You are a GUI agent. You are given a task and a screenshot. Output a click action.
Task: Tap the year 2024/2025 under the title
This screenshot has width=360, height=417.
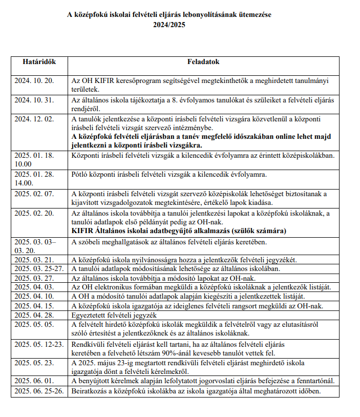coord(170,25)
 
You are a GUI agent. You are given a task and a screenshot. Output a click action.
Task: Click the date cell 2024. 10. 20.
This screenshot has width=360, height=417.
coord(34,81)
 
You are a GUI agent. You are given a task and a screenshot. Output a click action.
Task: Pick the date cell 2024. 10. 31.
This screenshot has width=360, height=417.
coord(34,100)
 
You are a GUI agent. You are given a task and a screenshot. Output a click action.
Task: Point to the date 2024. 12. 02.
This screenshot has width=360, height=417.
coord(34,119)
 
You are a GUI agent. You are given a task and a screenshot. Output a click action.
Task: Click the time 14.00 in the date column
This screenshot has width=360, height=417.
coord(23,182)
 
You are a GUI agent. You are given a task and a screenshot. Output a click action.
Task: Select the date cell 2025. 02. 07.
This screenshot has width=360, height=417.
coord(34,194)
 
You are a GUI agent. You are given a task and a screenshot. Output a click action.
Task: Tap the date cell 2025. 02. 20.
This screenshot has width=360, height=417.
coord(34,213)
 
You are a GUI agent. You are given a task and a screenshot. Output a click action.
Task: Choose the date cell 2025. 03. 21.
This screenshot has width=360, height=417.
coord(34,260)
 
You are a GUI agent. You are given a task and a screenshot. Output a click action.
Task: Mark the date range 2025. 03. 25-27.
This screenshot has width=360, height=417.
coord(38,269)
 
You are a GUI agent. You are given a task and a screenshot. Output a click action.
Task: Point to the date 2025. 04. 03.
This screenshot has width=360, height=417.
coord(34,287)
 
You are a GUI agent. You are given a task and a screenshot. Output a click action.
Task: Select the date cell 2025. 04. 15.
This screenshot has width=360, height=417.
coord(34,305)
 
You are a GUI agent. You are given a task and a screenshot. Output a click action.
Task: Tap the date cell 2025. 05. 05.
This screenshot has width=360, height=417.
coord(34,324)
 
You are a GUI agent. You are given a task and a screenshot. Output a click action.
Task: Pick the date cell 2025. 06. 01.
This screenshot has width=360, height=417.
coord(34,381)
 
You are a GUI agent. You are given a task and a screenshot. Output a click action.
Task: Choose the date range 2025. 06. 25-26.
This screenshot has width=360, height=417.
coord(38,390)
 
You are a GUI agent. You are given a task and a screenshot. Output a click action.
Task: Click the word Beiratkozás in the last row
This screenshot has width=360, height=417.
coord(90,390)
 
